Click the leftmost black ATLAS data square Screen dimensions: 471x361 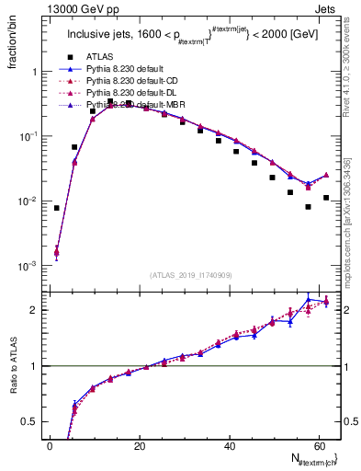pyautogui.click(x=56, y=208)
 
